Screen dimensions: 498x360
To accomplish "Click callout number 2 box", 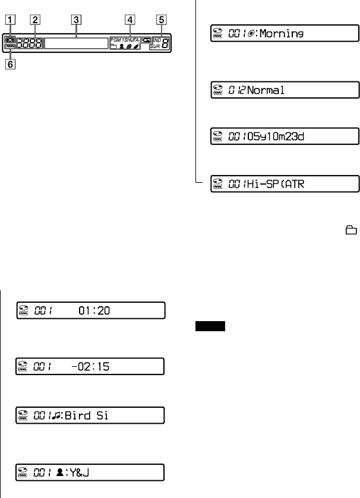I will tap(36, 18).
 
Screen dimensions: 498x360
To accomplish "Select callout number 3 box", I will tap(76, 18).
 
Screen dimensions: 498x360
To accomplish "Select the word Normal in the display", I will tap(266, 90).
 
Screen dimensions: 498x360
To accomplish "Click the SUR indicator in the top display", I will tap(155, 45).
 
